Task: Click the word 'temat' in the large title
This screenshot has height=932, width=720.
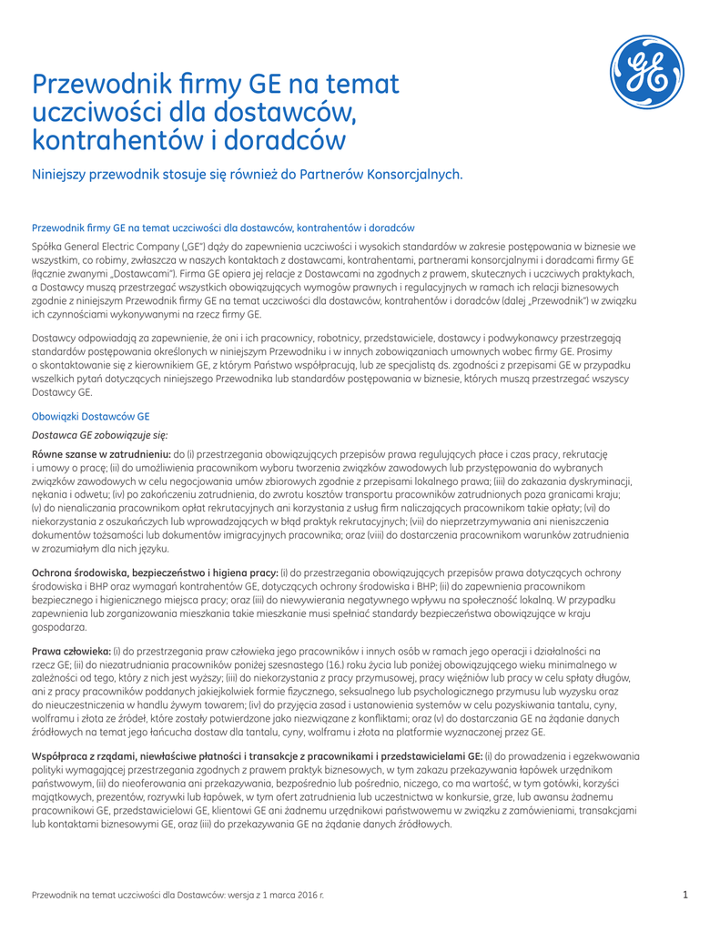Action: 362,86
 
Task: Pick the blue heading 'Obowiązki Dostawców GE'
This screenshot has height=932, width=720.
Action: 84,414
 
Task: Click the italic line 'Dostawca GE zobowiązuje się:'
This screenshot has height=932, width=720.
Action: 100,436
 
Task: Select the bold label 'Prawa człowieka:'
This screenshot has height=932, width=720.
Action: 71,651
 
